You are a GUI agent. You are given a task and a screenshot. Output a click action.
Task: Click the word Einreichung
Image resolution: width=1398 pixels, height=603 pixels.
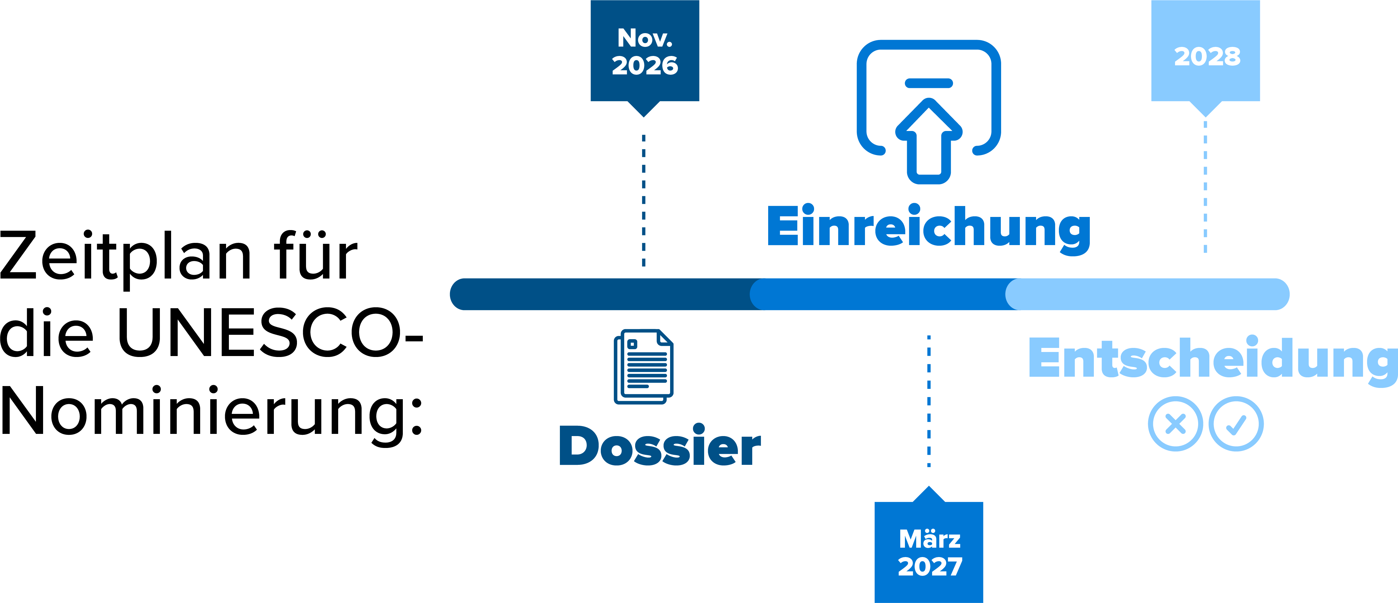[x=929, y=228]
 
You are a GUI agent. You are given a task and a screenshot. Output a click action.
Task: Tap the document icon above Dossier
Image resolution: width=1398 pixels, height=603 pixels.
[x=644, y=366]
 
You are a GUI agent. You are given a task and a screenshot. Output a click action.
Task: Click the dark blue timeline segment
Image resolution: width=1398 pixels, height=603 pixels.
[x=605, y=294]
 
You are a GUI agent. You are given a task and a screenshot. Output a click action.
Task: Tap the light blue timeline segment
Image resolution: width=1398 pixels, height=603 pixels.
[x=1147, y=294]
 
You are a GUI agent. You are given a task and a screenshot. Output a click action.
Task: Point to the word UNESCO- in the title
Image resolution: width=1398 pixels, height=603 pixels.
[x=270, y=333]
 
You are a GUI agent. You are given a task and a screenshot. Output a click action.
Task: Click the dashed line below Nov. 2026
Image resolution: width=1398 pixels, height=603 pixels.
[x=644, y=200]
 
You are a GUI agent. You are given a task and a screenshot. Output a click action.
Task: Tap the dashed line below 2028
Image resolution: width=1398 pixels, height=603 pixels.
[x=1205, y=187]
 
